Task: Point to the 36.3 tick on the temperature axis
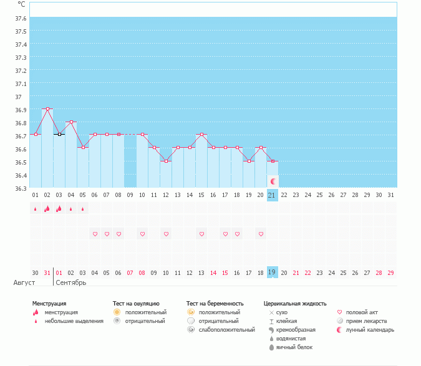(21, 188)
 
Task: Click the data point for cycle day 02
(47, 108)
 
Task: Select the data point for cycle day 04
(71, 122)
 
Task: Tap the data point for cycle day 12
(166, 161)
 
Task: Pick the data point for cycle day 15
(201, 134)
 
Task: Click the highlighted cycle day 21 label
(272, 195)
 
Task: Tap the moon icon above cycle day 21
(273, 181)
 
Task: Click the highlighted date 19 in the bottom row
(272, 272)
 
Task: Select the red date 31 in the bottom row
(47, 272)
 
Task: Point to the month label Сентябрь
(70, 282)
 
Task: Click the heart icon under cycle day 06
(95, 234)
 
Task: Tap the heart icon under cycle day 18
(237, 234)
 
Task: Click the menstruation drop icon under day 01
(36, 209)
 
